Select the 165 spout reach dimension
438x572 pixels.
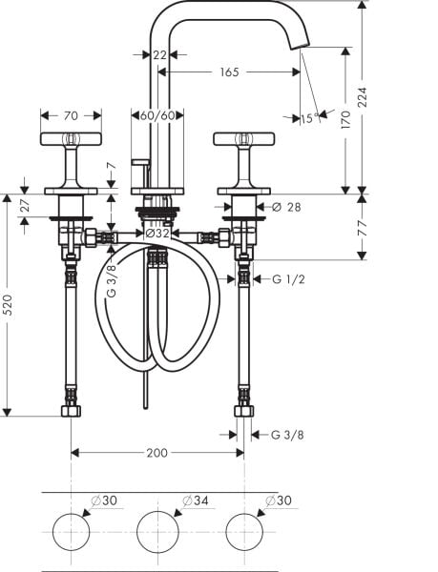pos(228,71)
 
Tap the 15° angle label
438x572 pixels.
pos(306,118)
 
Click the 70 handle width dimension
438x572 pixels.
pos(72,116)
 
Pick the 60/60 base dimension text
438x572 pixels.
pos(156,116)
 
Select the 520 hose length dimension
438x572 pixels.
pos(9,304)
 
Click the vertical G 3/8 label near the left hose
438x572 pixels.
pos(112,278)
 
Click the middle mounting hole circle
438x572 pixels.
pos(158,531)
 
